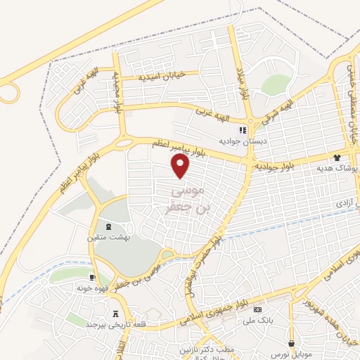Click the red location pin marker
click(x=181, y=166)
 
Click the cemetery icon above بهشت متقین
click(x=108, y=226)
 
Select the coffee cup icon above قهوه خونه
click(x=92, y=278)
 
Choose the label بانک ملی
click(x=257, y=321)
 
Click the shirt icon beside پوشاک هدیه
click(x=337, y=158)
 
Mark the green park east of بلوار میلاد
click(x=276, y=84)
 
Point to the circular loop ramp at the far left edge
click(x=9, y=91)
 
